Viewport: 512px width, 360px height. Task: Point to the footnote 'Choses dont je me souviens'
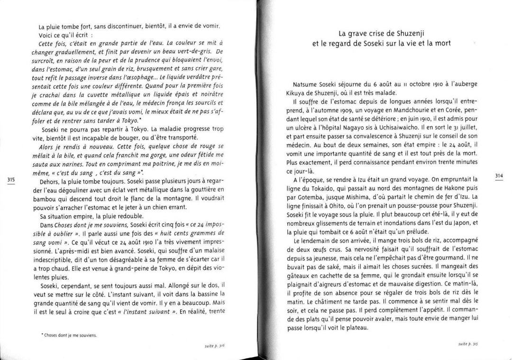point(69,335)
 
